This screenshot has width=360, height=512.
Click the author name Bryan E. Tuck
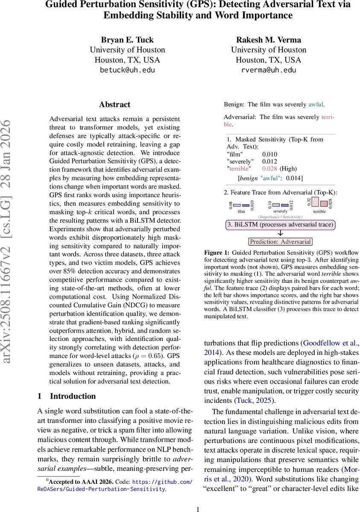[127, 40]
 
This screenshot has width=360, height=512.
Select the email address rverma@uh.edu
[268, 70]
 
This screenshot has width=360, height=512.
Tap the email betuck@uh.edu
[127, 70]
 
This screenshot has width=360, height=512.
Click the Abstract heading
[114, 105]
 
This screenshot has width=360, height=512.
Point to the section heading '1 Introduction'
[67, 396]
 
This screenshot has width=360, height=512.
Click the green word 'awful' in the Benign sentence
[316, 104]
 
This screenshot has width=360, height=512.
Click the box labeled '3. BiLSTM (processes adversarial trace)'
[280, 224]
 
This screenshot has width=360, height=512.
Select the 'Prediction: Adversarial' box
[280, 241]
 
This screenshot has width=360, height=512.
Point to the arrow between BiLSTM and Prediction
[280, 233]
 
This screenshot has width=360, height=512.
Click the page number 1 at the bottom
[197, 509]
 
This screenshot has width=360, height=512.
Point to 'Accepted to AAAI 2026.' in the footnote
[81, 482]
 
